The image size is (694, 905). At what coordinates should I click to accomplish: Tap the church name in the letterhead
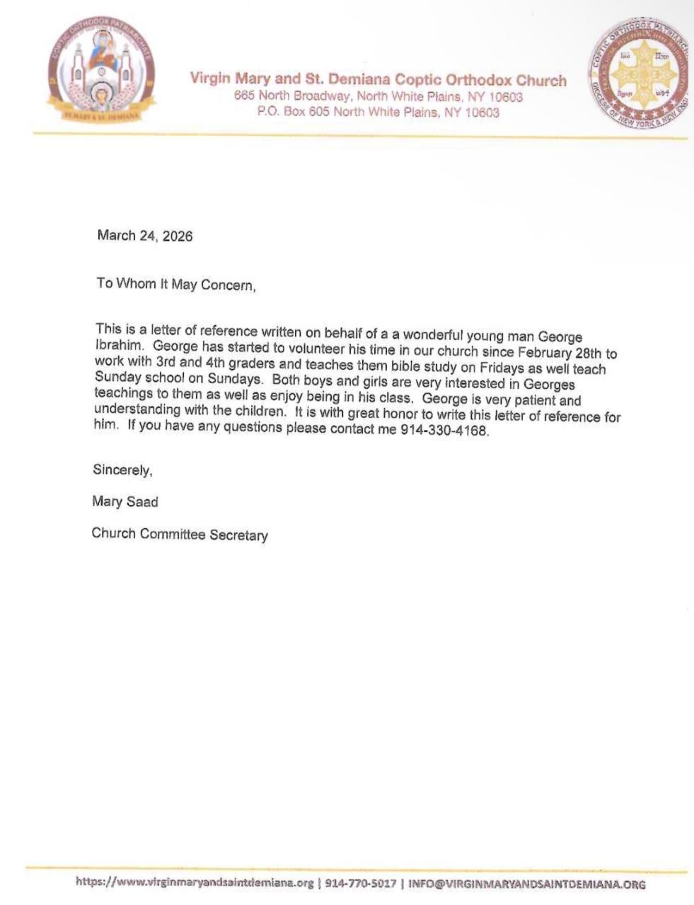pos(378,79)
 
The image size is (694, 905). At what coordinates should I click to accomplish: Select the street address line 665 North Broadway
pos(378,96)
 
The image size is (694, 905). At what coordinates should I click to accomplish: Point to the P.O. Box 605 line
pos(378,112)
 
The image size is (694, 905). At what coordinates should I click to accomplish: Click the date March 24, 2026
pos(144,236)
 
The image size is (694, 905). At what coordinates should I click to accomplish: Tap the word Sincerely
pos(122,469)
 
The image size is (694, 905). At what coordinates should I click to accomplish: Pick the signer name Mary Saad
pos(125,502)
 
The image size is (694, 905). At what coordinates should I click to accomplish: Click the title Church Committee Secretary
pos(180,535)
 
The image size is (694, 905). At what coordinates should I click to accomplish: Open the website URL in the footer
pos(194,883)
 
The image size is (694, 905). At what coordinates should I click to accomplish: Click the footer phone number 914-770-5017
pos(360,884)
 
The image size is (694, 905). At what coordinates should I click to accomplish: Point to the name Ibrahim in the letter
pos(117,346)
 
